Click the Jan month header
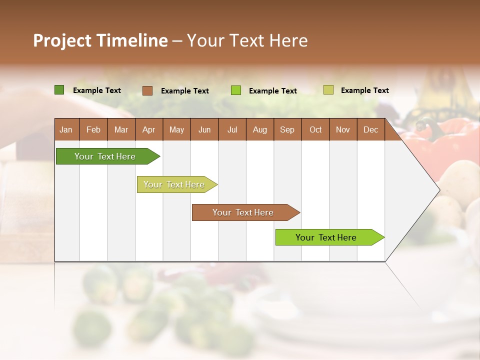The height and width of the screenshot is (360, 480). coord(66,130)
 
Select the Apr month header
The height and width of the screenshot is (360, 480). coord(148,130)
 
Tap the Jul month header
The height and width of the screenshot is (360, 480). coord(232,130)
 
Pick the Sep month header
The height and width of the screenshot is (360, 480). coord(287,130)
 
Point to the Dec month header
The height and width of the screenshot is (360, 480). coord(370,130)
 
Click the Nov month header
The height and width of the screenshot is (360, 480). coord(342,130)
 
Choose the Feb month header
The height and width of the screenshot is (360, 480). coord(93,130)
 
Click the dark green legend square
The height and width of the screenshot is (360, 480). coord(59,90)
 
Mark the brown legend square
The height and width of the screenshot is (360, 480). coord(147,90)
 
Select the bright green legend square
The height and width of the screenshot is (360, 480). coord(236,90)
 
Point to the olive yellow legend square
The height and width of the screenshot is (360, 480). coord(328,90)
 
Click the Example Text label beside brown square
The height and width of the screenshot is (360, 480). coord(185,91)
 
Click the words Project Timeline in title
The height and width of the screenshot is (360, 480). coord(100,40)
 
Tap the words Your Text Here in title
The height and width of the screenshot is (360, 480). coord(247,40)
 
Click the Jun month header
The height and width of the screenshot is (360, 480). coord(204,130)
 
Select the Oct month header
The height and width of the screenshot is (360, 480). coord(315,130)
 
